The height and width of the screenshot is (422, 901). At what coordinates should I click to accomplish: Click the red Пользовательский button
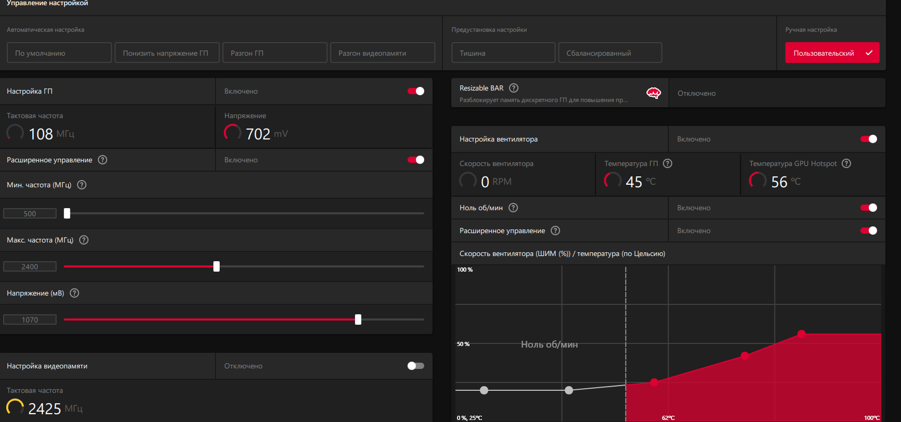click(x=832, y=53)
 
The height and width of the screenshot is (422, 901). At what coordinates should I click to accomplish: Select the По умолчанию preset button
click(x=59, y=53)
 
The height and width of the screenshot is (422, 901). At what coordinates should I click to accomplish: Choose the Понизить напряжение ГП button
click(x=167, y=53)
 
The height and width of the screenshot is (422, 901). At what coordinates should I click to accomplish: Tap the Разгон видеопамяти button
click(x=383, y=53)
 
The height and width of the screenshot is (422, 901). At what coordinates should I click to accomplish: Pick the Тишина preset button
click(x=503, y=53)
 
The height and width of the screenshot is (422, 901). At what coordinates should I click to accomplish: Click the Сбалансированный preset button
click(x=610, y=53)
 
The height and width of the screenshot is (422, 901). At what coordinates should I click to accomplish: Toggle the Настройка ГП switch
click(x=416, y=91)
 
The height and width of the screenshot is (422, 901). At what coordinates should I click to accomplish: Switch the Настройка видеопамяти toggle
click(x=416, y=366)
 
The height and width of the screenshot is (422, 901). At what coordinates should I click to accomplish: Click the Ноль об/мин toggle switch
click(x=869, y=208)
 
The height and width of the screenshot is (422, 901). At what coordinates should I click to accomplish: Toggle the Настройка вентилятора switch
click(x=869, y=139)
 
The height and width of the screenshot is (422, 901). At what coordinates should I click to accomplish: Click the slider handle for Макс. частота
click(x=217, y=266)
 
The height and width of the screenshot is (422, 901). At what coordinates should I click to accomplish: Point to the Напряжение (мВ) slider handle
click(x=358, y=319)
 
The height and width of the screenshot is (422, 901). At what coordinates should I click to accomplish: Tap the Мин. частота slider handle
click(x=67, y=213)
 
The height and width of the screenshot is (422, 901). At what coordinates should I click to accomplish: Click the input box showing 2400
click(x=30, y=266)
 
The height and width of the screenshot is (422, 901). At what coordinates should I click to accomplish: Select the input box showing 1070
click(x=30, y=319)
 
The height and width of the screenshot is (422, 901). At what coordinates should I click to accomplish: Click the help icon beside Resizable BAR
click(x=514, y=88)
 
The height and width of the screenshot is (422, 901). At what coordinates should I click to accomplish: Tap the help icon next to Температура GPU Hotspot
click(x=846, y=163)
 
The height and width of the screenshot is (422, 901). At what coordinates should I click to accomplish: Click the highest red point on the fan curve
click(x=802, y=334)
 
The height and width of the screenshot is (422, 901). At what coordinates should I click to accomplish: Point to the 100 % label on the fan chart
click(x=465, y=270)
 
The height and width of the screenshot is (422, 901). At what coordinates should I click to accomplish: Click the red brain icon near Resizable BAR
click(x=654, y=93)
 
